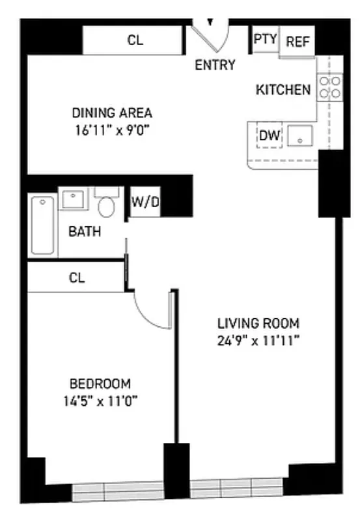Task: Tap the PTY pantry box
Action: [265, 40]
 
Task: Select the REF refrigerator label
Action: [298, 41]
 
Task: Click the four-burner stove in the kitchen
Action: [329, 87]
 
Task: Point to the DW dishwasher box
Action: [270, 136]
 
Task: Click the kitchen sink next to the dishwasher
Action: [300, 137]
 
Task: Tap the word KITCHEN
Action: [283, 90]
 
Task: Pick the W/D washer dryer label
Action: [145, 203]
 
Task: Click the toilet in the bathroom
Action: [107, 204]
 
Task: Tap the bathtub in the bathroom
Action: [43, 225]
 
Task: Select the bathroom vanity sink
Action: [74, 199]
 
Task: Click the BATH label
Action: [85, 231]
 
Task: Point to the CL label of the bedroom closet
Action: [77, 278]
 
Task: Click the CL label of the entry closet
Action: [135, 40]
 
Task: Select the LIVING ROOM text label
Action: [258, 323]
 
